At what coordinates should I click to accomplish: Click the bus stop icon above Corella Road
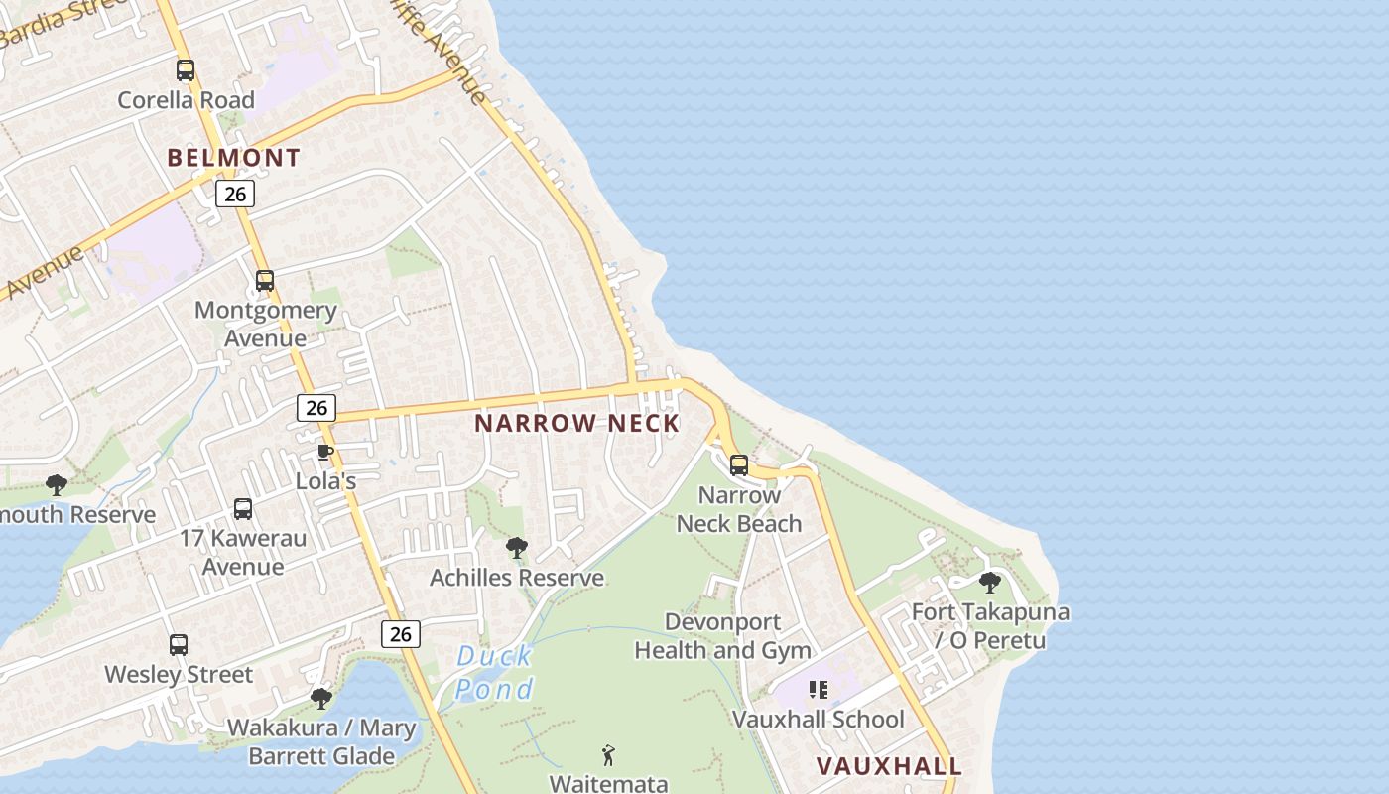[186, 70]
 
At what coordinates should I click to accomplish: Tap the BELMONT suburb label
[233, 158]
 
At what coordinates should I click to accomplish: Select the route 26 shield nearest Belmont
[235, 194]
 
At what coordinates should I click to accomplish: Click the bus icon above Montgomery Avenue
[264, 281]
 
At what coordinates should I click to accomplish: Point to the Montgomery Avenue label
[265, 324]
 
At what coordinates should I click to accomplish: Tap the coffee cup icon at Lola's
[324, 453]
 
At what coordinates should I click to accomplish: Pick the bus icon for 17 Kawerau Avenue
[243, 509]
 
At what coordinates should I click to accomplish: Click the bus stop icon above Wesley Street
[179, 645]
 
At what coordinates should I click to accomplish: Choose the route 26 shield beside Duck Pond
[401, 634]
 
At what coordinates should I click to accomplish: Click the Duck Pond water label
[496, 672]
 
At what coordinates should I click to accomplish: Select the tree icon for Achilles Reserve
[516, 548]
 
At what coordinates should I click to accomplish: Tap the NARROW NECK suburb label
[576, 424]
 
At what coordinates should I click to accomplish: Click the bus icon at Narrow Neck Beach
[738, 465]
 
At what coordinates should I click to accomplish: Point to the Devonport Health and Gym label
[722, 636]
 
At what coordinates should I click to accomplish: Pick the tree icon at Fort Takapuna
[989, 583]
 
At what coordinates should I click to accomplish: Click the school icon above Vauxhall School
[819, 689]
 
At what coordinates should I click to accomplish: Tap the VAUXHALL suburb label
[889, 766]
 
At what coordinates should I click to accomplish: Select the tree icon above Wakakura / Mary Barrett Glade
[320, 699]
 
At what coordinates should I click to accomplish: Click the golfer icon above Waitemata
[608, 755]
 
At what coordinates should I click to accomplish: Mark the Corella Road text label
[186, 100]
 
